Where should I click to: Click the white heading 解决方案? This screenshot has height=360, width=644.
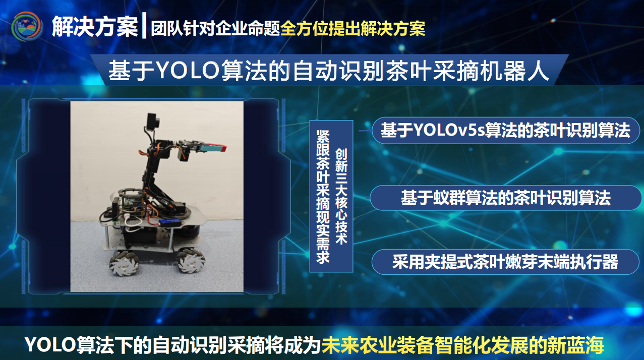95,27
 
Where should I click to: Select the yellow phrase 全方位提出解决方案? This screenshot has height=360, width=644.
353,29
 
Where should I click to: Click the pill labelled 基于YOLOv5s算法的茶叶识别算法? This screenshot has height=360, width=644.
506,131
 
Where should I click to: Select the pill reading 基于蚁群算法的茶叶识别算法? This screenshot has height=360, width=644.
506,198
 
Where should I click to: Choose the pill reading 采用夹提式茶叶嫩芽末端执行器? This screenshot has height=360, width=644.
505,262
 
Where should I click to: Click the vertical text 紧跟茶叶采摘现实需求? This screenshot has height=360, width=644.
323,197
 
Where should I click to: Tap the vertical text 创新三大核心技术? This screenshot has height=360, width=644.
341,197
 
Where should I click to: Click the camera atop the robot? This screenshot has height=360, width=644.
153,121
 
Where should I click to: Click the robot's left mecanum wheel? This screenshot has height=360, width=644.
124,262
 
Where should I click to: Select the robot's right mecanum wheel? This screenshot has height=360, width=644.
191,261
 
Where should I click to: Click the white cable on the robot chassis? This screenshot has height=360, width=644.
133,222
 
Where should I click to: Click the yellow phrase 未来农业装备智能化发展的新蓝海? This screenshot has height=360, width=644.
462,345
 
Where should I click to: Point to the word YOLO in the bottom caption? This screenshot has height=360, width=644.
50,345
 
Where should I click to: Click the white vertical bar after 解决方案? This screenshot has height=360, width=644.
144,25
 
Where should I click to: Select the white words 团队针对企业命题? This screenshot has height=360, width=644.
216,29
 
